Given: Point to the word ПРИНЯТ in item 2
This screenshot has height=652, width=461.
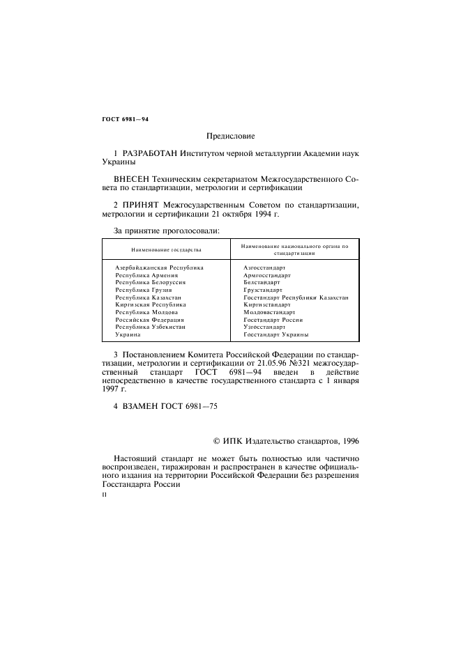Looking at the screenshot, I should (142, 205).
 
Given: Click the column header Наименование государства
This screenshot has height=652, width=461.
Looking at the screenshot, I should (166, 249).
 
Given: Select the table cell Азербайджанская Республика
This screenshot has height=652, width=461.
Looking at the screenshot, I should (159, 267).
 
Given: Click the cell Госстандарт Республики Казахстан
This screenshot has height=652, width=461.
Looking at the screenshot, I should (296, 297).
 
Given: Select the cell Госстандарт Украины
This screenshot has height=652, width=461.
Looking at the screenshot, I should (276, 334).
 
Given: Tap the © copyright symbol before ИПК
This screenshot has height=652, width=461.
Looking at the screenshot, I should (216, 440).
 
